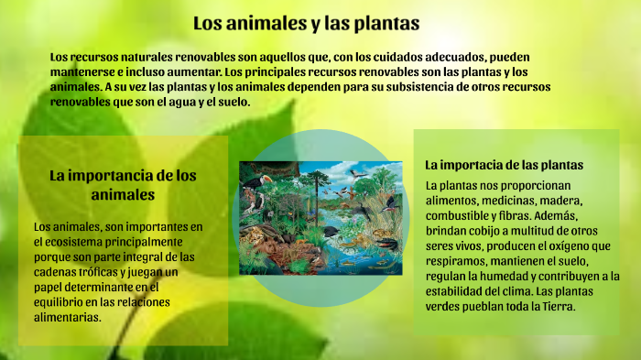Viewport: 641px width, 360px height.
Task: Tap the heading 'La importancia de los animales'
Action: [x=123, y=184]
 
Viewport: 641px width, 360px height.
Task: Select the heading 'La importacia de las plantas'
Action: [x=504, y=165]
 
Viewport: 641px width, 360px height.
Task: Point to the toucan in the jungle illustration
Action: [x=265, y=182]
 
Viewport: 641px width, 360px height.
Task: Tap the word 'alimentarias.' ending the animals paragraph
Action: [x=65, y=317]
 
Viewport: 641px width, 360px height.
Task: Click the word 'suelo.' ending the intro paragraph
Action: [x=233, y=102]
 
